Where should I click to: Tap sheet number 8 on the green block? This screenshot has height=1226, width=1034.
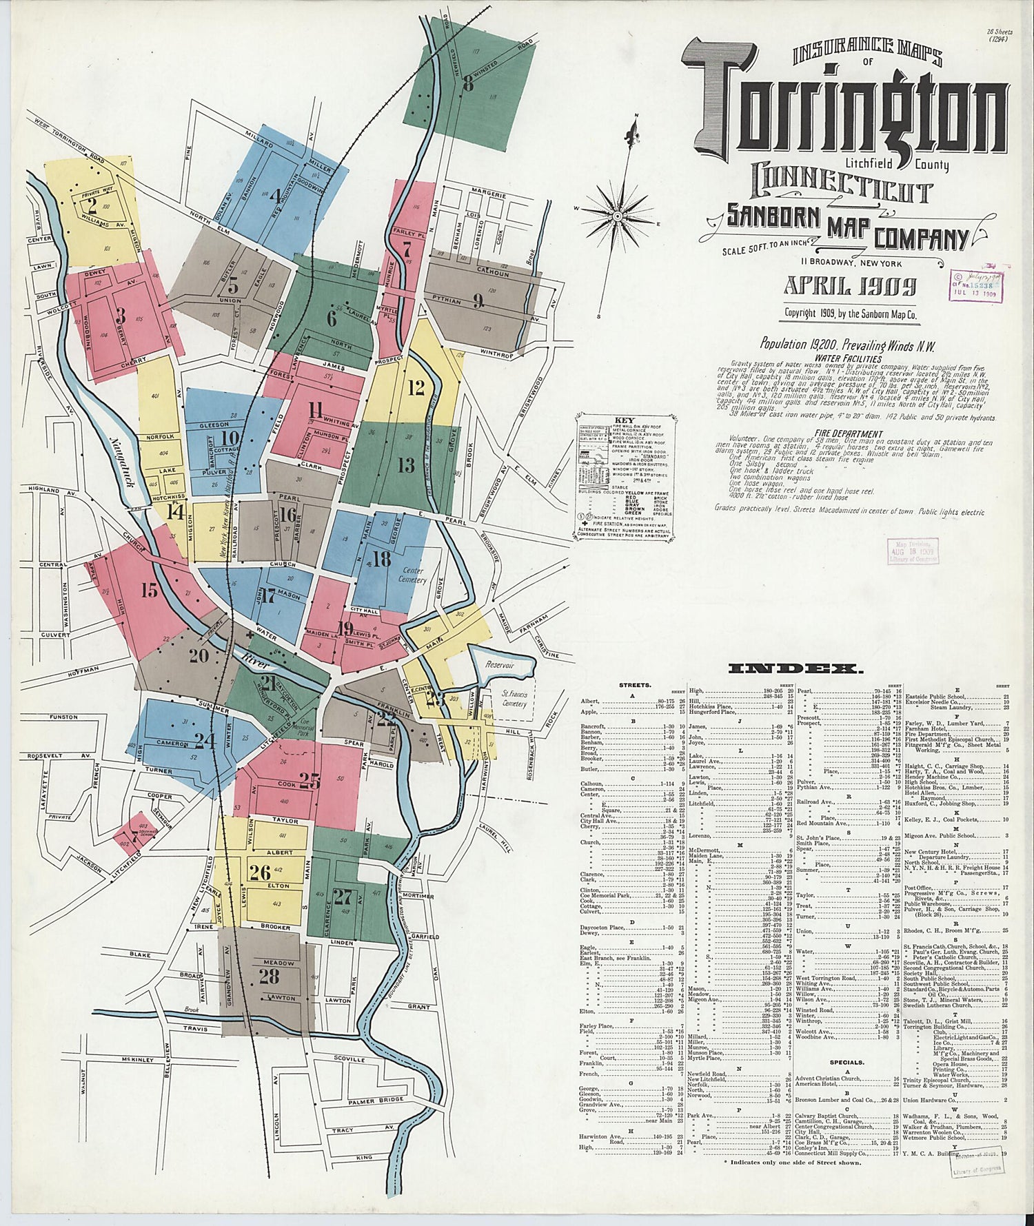468,85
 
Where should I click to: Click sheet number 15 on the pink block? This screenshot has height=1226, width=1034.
149,590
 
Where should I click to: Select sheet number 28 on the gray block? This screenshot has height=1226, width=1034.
270,976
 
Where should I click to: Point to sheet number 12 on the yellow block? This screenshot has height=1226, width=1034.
416,388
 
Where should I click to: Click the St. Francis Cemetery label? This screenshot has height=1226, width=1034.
514,699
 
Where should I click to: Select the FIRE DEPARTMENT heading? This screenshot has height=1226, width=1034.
838,433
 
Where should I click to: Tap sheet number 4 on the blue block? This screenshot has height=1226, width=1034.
276,195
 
